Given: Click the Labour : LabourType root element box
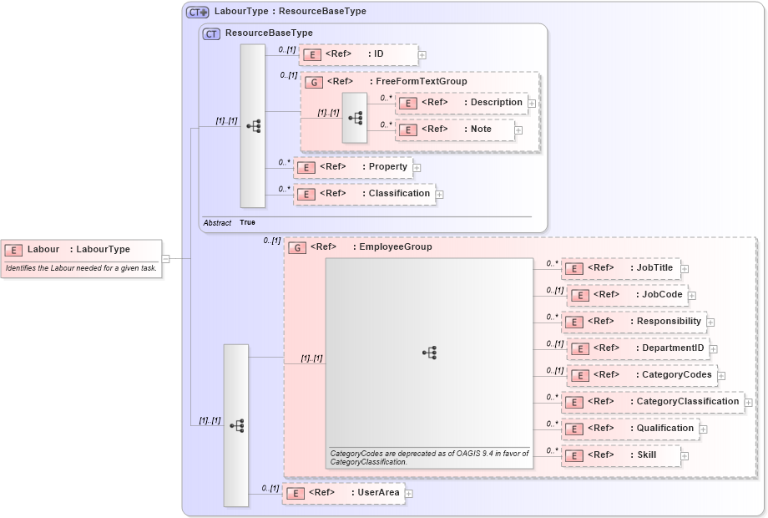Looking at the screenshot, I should coord(81,250).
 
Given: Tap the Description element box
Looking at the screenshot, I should coord(461,103).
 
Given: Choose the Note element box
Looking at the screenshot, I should coord(454,129).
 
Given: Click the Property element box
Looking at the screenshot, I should coord(353,167).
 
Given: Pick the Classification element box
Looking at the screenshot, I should coord(364,194).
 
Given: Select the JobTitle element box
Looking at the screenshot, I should coord(620,268).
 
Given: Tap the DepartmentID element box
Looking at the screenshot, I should coord(637,348).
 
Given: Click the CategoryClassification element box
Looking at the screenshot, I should coord(651,402).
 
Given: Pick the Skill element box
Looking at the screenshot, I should coord(620,455).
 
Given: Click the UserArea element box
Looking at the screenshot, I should coord(343,493).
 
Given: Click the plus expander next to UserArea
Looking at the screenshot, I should coord(409,494).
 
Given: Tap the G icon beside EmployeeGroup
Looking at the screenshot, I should coord(296,247).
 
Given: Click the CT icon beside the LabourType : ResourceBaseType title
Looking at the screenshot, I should coord(198,13).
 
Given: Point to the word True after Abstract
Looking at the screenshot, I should coord(247,223).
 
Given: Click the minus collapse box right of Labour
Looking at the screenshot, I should coord(165,259).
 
